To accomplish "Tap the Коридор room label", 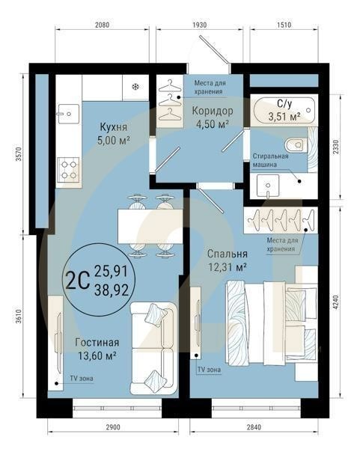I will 212,111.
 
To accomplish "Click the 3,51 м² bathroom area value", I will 284,116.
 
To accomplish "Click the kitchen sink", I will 68,114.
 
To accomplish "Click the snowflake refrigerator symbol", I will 135,87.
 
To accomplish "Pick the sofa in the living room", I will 153,347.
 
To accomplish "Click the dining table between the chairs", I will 147,224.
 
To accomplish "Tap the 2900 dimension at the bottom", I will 112,427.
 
